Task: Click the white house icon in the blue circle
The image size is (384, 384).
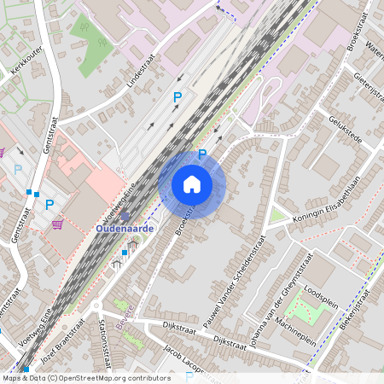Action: pos(192,184)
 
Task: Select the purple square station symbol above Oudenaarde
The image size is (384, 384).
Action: pos(125,216)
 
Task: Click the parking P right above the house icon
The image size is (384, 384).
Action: pos(202,154)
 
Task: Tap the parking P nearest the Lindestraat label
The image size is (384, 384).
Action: pos(177,98)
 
